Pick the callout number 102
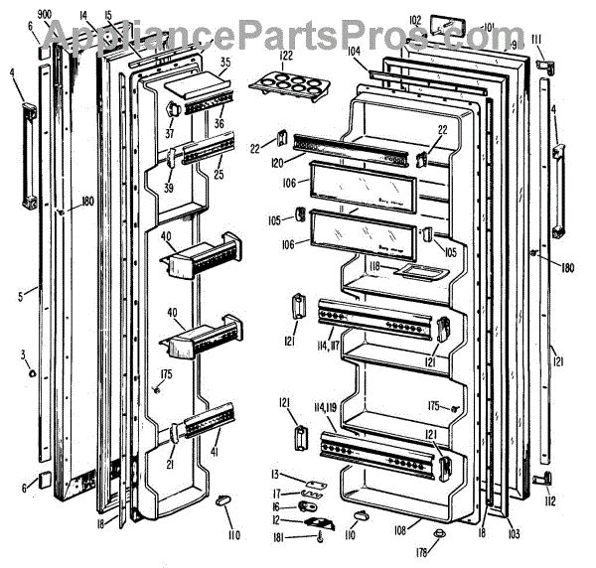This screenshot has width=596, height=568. [415, 19]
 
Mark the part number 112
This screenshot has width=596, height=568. [550, 500]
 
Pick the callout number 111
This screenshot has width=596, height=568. [536, 39]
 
